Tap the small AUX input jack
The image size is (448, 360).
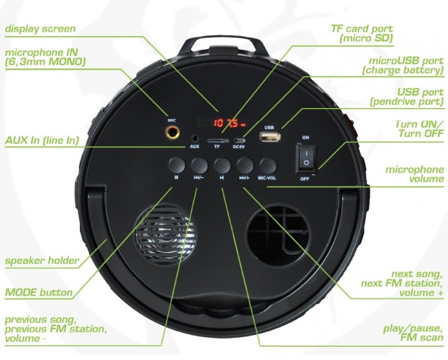pos(194,139)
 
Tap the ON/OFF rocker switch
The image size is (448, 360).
pos(305,158)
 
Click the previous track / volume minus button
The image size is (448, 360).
pos(199,164)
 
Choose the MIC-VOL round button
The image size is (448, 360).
pos(267,164)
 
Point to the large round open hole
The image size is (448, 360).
pos(278,230)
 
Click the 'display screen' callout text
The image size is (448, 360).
pos(40,28)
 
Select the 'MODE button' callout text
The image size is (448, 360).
pos(38,293)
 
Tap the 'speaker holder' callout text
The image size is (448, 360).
pos(42,261)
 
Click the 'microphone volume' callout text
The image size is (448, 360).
pos(414,176)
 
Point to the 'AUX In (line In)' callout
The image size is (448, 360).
pos(43,140)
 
